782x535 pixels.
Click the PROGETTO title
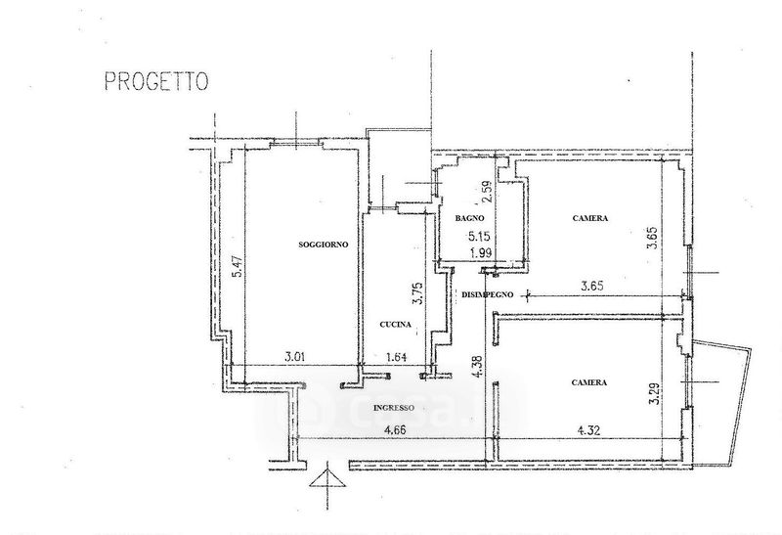pyautogui.click(x=155, y=82)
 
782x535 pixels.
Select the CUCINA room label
pyautogui.click(x=396, y=324)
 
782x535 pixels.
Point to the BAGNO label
pyautogui.click(x=457, y=219)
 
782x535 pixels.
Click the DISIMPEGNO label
pyautogui.click(x=487, y=293)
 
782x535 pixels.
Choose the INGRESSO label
pyautogui.click(x=395, y=408)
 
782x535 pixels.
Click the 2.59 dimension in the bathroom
pyautogui.click(x=484, y=187)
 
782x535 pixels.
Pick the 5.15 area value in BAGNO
pyautogui.click(x=478, y=237)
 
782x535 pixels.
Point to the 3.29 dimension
pyautogui.click(x=654, y=393)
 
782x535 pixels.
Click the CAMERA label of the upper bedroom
pyautogui.click(x=590, y=219)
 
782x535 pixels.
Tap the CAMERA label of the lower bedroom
pyautogui.click(x=589, y=382)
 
